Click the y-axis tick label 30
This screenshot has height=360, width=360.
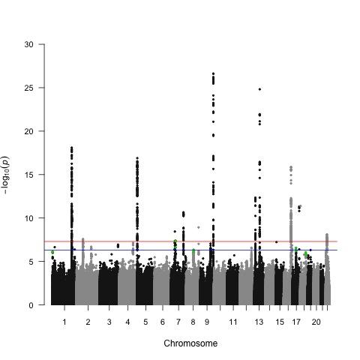[29, 44]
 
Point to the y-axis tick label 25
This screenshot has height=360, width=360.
[29, 88]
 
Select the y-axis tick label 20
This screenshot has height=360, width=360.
[29, 131]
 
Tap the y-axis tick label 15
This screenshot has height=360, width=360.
[29, 175]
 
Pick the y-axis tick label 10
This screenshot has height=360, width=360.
[29, 218]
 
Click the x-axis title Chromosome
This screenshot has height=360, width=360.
[190, 343]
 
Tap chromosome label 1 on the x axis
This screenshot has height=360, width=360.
[64, 322]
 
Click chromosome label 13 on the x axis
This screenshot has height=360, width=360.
[259, 322]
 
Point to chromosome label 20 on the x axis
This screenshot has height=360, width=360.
[316, 322]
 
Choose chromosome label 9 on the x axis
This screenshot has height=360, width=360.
[207, 322]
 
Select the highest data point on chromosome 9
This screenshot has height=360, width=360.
[214, 73]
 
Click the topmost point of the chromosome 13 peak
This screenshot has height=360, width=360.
[259, 89]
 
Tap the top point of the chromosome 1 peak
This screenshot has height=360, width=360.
[71, 148]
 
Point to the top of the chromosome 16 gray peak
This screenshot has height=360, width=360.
[290, 167]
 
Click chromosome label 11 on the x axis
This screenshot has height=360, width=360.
[233, 322]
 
